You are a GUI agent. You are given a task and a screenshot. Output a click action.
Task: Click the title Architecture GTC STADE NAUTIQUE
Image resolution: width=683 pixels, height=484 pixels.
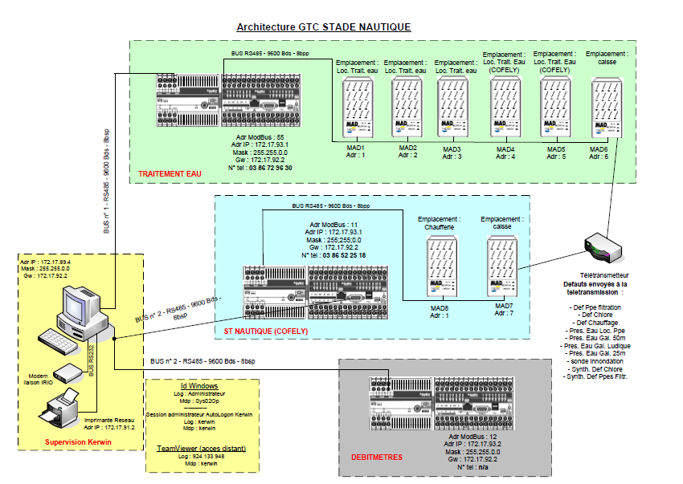(x=323, y=27)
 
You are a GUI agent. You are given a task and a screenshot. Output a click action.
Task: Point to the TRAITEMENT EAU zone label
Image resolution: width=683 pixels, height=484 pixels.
(x=170, y=173)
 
